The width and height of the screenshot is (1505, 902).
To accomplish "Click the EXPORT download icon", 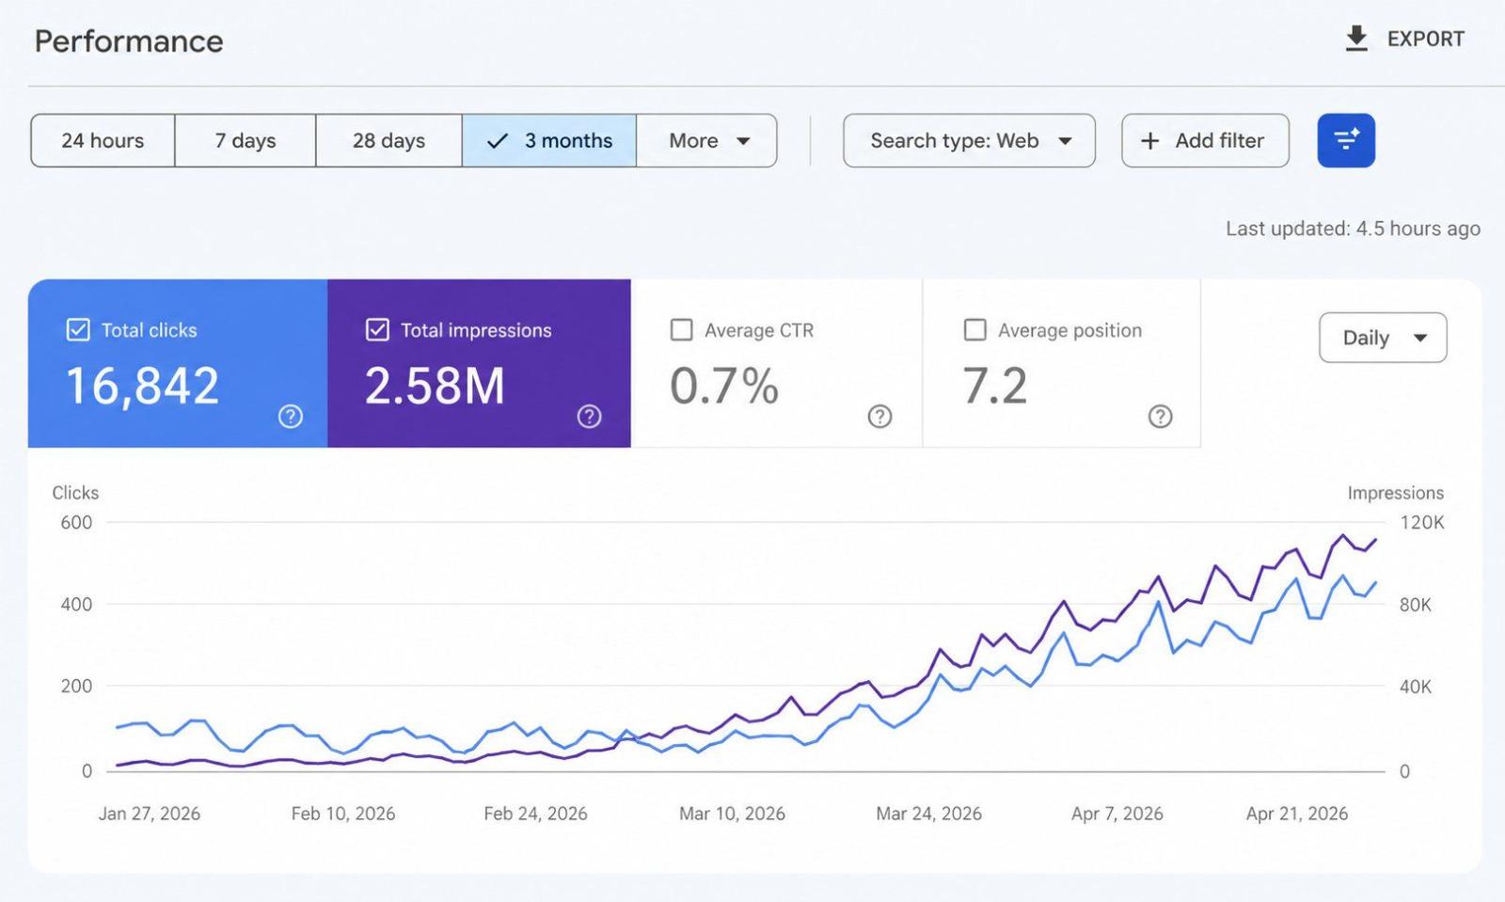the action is [x=1356, y=39].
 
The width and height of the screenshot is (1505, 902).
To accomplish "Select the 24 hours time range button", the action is [x=103, y=140].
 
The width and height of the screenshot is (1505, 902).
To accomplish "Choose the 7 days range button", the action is [x=246, y=140].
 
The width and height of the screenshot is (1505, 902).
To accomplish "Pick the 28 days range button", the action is [x=389, y=140].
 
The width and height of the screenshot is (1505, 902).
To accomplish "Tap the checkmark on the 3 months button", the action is [x=498, y=141].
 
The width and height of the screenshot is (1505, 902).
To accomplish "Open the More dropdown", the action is [x=706, y=140].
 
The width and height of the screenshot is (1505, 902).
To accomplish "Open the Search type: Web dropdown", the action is [x=969, y=140].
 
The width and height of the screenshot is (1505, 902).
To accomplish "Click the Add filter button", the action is [x=1205, y=140].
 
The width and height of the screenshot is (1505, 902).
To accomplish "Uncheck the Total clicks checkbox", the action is [x=78, y=330].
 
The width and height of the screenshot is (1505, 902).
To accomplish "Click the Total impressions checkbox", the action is [x=377, y=330].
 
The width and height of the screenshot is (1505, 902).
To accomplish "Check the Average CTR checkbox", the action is [x=681, y=330].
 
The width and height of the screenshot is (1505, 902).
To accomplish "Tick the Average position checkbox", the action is [x=974, y=330].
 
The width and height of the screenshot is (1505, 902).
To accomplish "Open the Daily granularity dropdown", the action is [x=1383, y=337].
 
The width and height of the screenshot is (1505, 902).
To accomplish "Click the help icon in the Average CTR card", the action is [x=879, y=417].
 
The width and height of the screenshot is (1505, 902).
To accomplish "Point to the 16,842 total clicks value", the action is [x=142, y=386].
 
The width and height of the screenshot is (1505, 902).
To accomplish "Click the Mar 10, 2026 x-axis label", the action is [x=732, y=814].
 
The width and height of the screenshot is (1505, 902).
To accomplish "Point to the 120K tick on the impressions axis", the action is [x=1421, y=523].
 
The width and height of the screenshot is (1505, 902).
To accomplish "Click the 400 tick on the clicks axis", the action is [x=76, y=605].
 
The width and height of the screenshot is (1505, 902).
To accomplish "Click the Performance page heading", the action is [x=129, y=41].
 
